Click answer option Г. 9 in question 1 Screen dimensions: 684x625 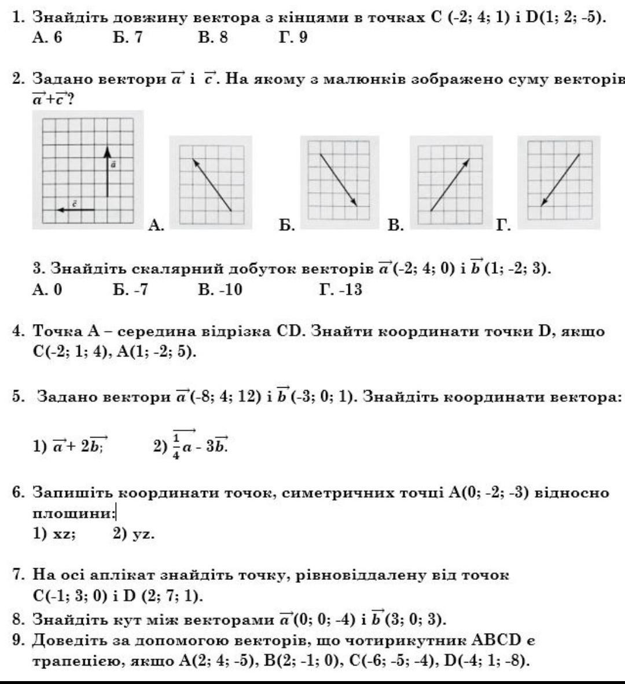point(293,38)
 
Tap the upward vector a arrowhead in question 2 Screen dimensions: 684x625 point(106,151)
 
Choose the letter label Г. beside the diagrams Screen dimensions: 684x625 point(503,225)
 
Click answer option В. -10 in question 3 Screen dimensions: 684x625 point(220,289)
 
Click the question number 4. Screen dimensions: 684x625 point(19,332)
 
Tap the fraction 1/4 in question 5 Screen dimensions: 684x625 point(176,446)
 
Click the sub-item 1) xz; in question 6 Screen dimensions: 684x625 point(54,534)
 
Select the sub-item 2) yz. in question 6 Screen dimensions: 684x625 point(134,534)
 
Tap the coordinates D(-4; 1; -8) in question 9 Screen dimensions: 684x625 point(486,660)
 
